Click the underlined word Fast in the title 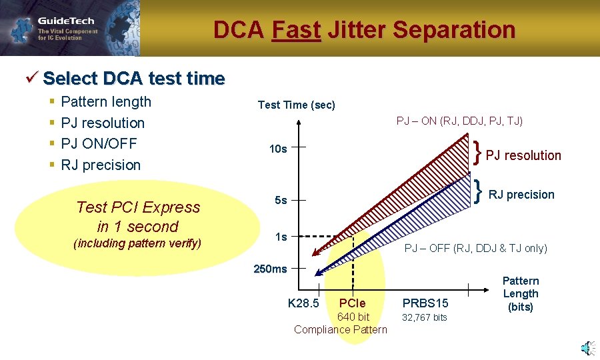[x=296, y=30]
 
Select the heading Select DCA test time [x=133, y=79]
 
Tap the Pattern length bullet [x=106, y=102]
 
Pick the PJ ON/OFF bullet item [x=99, y=143]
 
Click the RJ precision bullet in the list [x=101, y=165]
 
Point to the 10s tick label [x=278, y=149]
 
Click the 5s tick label [x=281, y=200]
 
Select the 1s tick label [x=281, y=237]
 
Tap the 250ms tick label [x=270, y=269]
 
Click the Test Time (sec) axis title [x=296, y=105]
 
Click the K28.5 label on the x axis [x=303, y=304]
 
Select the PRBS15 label [x=425, y=304]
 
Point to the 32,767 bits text [x=424, y=317]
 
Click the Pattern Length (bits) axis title [x=520, y=294]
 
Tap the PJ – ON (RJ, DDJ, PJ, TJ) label [x=459, y=121]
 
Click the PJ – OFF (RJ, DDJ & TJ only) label [x=476, y=249]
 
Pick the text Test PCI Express [x=138, y=207]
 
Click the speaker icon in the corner [x=586, y=347]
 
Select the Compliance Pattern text [x=340, y=329]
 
